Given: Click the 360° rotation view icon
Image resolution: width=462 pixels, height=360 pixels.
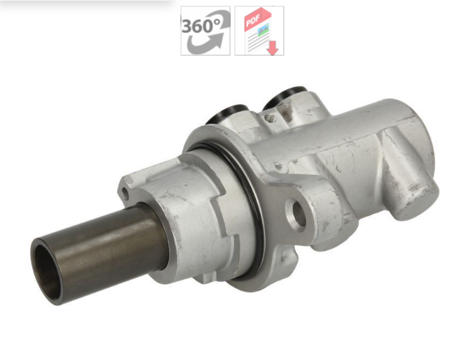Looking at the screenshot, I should (x=205, y=31).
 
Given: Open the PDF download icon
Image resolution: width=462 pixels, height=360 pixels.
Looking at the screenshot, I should (x=259, y=31).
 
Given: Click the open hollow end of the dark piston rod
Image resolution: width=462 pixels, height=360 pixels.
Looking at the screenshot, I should (x=47, y=268).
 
